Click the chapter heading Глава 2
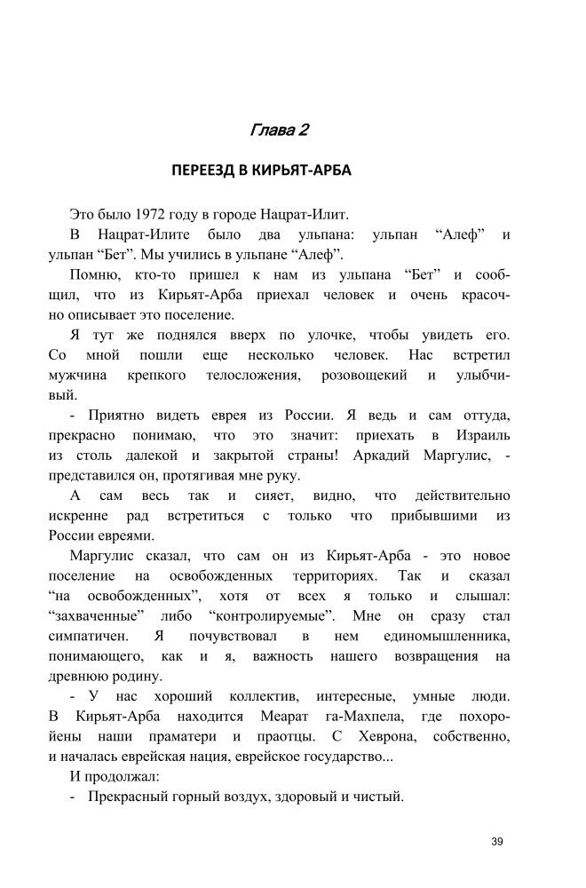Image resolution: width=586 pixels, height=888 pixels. (279, 131)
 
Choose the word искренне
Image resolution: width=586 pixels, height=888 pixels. (78, 515)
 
